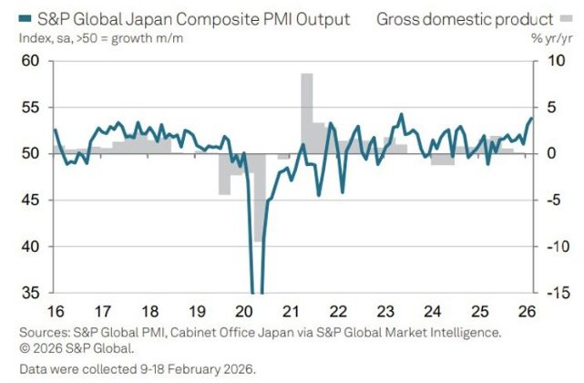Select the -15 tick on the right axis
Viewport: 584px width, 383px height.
pos(550,293)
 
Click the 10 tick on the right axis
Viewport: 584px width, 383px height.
pos(547,60)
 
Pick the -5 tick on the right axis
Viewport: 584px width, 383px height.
pos(548,200)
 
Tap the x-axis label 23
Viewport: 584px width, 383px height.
pos(386,308)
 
